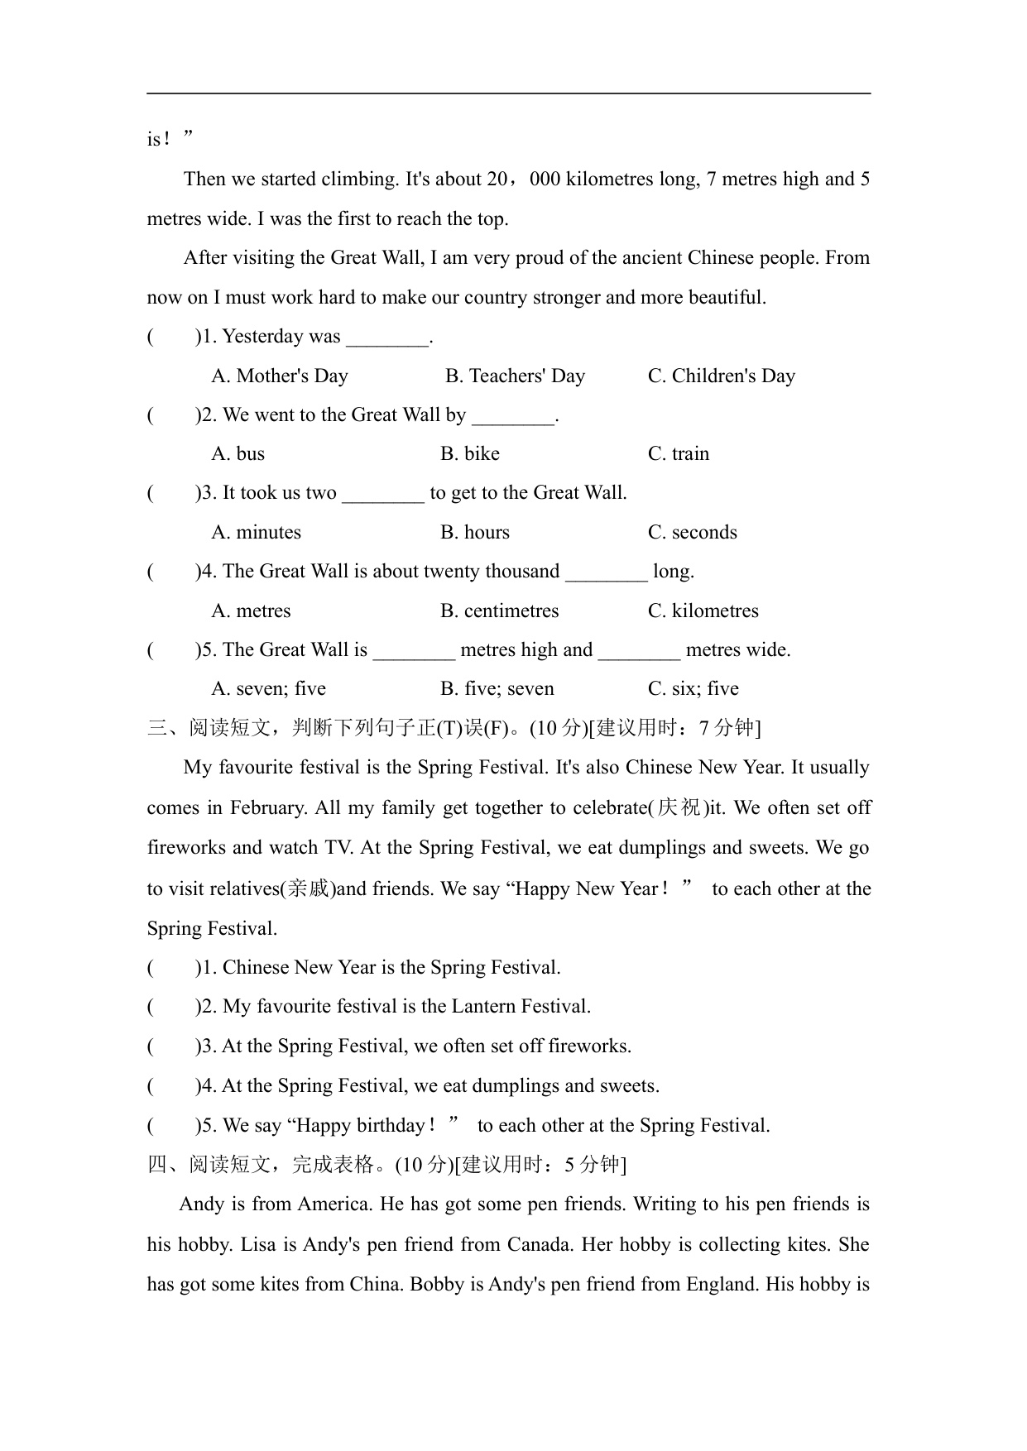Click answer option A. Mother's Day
coord(280,376)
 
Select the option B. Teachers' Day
coord(515,376)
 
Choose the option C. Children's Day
coord(721,376)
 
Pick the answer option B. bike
coord(470,454)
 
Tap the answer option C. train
coord(679,454)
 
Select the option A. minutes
coord(257,533)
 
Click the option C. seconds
coord(693,533)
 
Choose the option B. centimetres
coord(499,611)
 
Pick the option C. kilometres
coord(703,611)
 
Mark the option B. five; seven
coord(497,689)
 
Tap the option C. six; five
coord(693,689)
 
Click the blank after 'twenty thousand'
coord(607,573)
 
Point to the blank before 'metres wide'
coord(639,652)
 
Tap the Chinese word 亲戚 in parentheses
coord(308,889)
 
